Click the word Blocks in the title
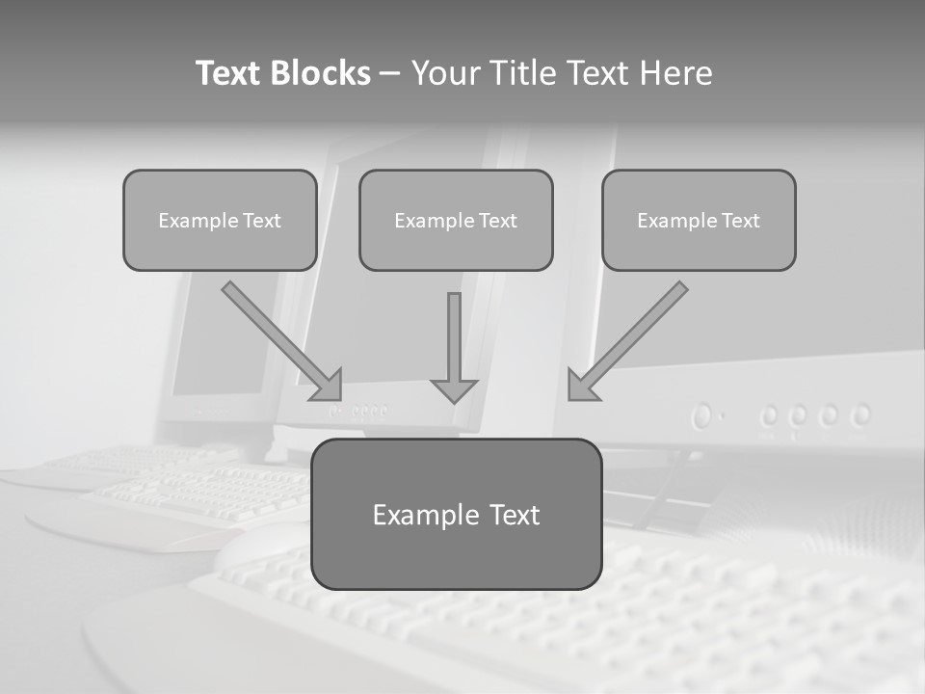click(x=320, y=73)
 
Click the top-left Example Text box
click(x=220, y=220)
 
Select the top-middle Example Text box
click(x=456, y=220)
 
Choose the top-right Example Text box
click(x=699, y=220)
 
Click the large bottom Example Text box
click(x=456, y=514)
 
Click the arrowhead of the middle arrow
click(x=454, y=389)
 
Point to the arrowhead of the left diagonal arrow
click(x=328, y=386)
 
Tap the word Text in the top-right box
click(x=740, y=221)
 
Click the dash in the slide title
click(x=391, y=74)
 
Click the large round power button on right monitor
click(x=702, y=416)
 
